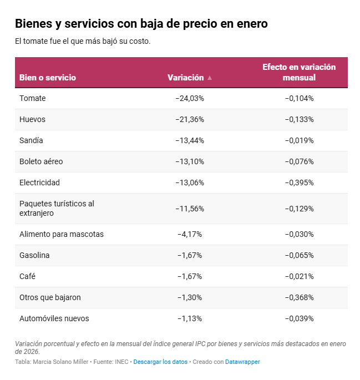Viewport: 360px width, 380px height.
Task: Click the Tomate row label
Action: [32, 98]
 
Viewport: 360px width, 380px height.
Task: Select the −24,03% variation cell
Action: [190, 98]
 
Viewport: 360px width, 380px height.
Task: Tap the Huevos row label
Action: [32, 119]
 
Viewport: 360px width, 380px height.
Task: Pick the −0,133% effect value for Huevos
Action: [299, 119]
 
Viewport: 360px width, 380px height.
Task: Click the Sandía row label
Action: [31, 140]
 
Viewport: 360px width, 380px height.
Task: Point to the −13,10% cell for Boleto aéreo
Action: [190, 161]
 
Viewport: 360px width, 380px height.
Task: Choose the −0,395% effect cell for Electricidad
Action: [299, 183]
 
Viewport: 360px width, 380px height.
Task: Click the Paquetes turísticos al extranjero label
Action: [57, 208]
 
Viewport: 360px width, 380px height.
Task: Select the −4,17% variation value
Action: [190, 234]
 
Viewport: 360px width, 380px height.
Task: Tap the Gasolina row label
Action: [34, 255]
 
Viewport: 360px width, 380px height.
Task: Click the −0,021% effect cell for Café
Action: [299, 276]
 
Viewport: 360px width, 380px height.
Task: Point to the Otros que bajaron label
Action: [50, 297]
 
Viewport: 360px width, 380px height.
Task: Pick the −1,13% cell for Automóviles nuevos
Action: [190, 318]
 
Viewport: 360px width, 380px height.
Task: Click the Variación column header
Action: [185, 78]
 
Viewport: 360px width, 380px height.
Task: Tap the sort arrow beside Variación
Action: [210, 78]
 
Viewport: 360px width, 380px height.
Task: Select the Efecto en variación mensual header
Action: [299, 72]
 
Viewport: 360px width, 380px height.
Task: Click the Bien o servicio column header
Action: [48, 78]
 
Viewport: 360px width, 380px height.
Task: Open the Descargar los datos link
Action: [160, 362]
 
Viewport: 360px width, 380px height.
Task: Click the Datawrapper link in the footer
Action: [242, 362]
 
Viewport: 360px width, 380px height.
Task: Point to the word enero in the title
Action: [251, 24]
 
